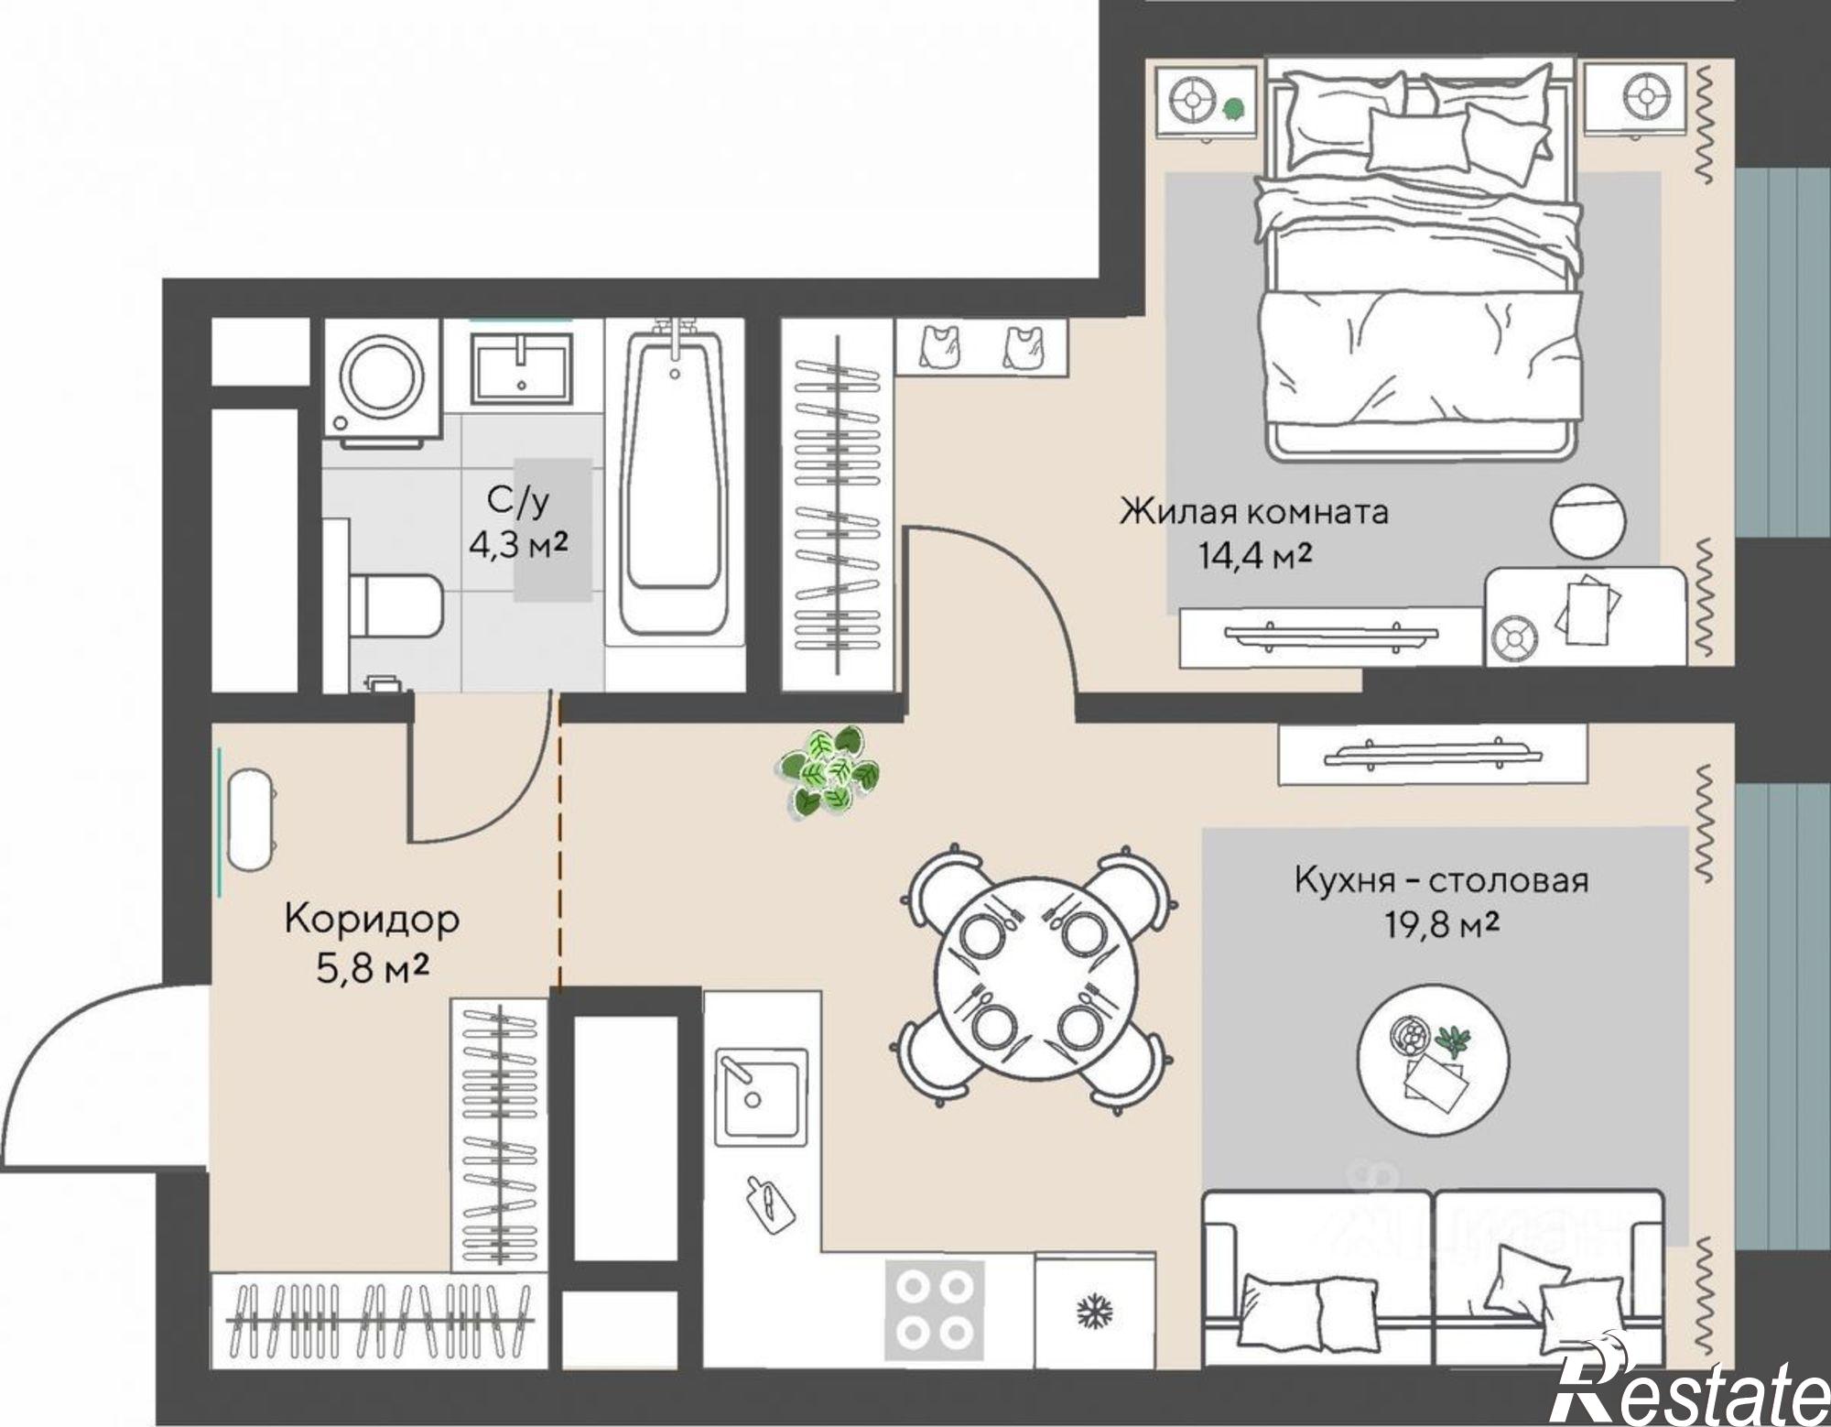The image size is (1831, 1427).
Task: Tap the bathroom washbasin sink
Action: point(522,369)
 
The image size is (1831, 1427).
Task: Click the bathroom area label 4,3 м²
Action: point(518,545)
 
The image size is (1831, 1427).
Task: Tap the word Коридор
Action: point(372,919)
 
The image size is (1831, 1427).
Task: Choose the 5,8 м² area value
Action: point(373,968)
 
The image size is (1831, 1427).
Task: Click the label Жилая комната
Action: point(1253,511)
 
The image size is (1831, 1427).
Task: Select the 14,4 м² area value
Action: point(1255,556)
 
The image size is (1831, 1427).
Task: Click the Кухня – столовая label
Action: point(1441,880)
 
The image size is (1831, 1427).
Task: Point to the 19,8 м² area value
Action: point(1441,925)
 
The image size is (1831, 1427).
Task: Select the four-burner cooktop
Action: point(934,1310)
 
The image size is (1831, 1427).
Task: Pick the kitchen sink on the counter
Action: point(761,1097)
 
